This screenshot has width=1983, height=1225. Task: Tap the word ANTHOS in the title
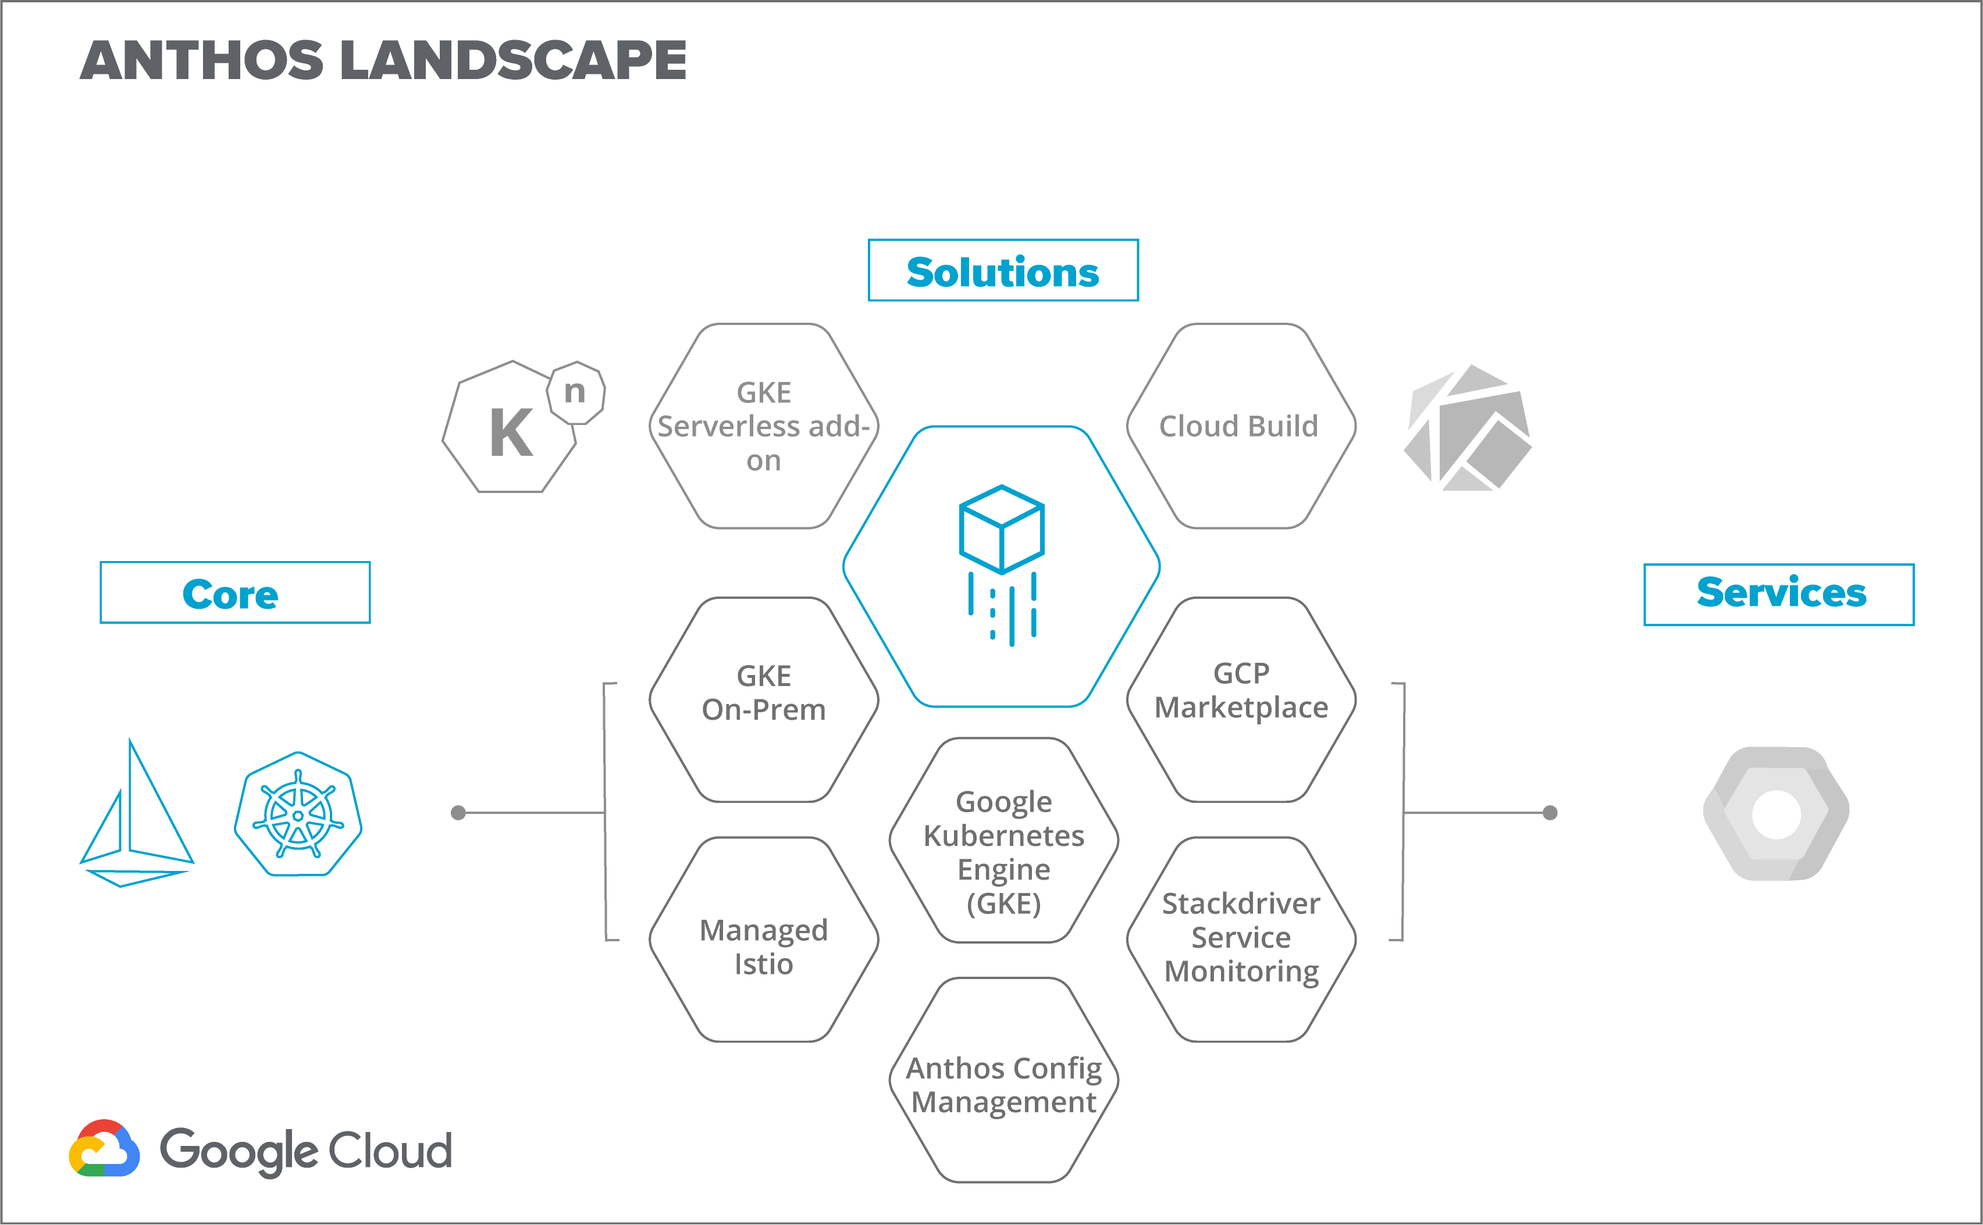pos(202,61)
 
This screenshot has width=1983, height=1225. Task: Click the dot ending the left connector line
pos(458,813)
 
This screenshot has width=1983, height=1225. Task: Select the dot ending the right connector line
pos(1550,813)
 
